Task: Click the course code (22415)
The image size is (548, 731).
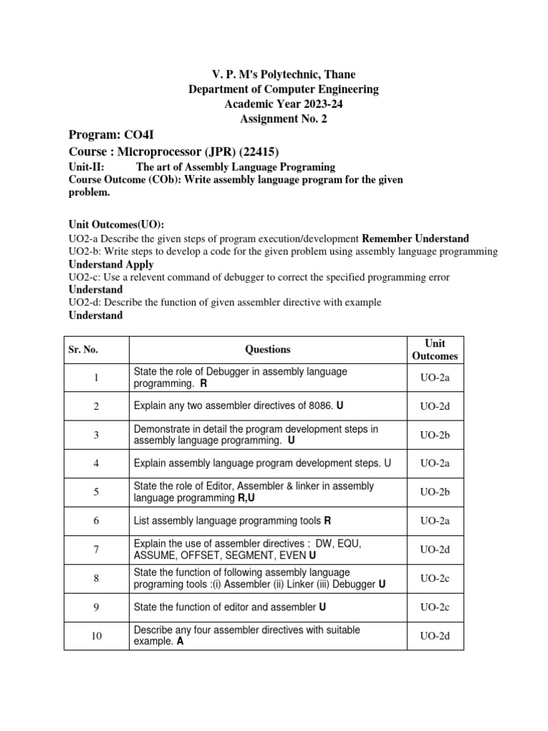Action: coord(255,151)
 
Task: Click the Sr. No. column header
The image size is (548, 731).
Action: coord(83,350)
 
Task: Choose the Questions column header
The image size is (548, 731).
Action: coord(268,350)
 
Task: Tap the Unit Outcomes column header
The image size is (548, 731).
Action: coord(435,350)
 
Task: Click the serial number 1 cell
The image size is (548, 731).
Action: coord(96,378)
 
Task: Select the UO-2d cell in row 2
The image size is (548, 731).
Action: coord(435,406)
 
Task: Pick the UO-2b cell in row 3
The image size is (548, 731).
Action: coord(435,435)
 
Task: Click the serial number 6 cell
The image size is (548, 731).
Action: coord(96,521)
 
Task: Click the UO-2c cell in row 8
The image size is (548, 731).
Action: coord(435,578)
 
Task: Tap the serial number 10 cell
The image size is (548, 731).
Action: coord(96,636)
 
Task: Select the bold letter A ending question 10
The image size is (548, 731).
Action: coord(180,642)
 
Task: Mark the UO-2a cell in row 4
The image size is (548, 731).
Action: coord(435,463)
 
